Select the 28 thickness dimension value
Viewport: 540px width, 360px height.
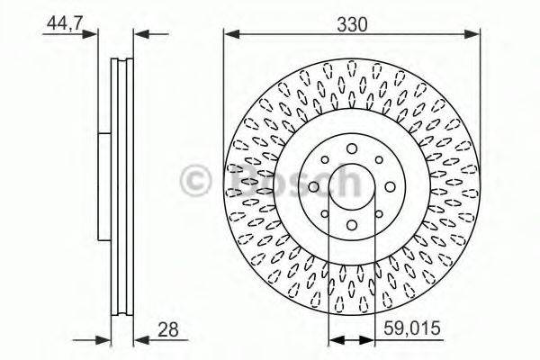click(167, 329)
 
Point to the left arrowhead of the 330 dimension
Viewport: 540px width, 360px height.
click(230, 36)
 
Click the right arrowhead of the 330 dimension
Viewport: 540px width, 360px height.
click(474, 36)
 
